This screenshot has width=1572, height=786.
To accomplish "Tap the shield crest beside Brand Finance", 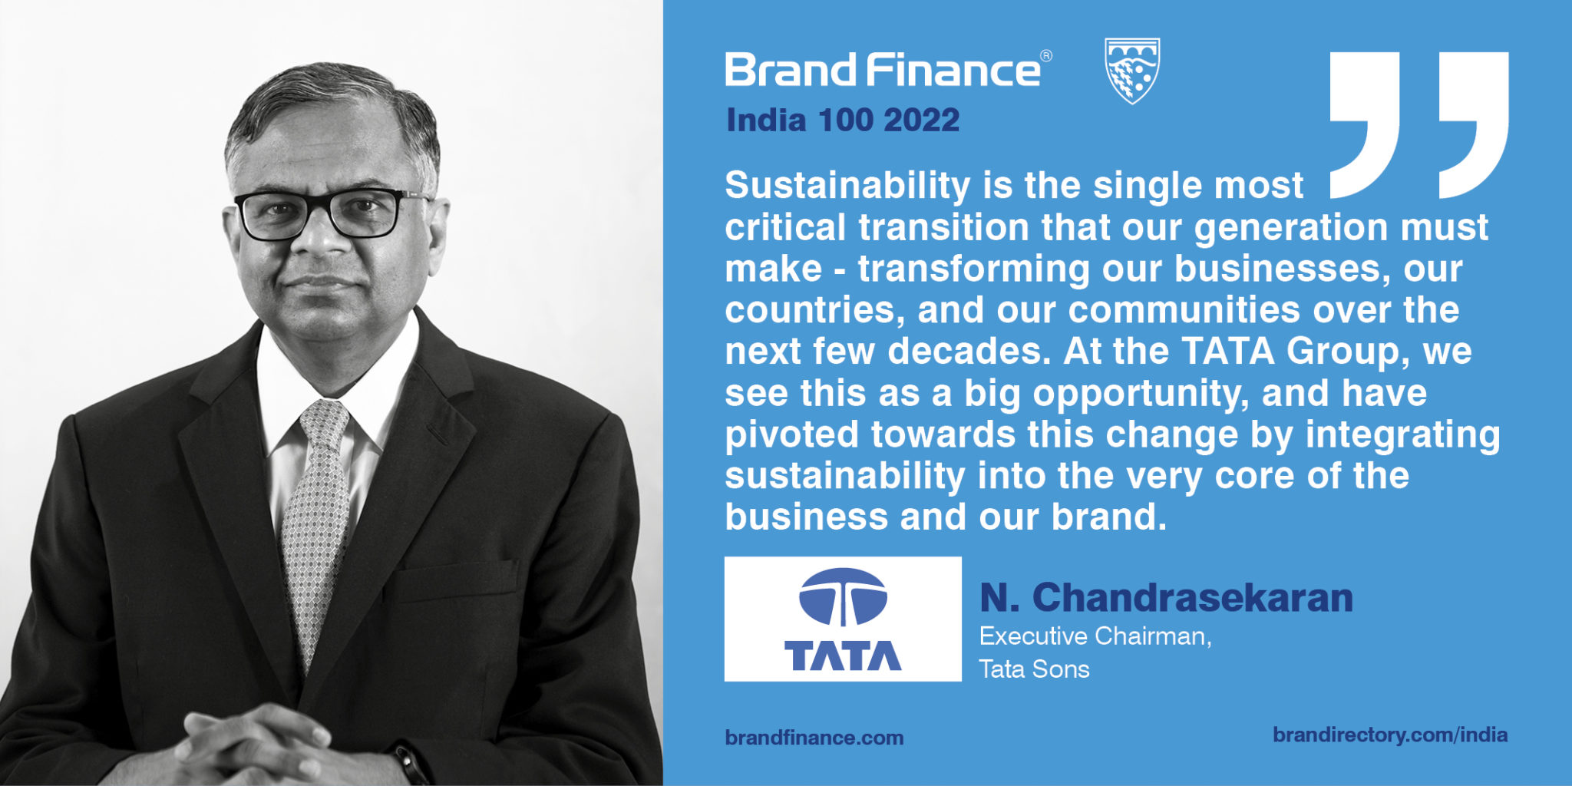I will [x=1132, y=70].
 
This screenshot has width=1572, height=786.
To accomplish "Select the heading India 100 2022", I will [x=843, y=121].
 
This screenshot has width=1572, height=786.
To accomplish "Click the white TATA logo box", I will [x=843, y=619].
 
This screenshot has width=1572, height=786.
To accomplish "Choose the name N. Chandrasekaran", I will [x=1166, y=598].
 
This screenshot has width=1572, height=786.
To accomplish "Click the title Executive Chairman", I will [x=1095, y=636].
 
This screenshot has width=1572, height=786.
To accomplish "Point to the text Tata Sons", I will [x=1034, y=669].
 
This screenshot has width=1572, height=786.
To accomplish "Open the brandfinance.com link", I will [x=814, y=738].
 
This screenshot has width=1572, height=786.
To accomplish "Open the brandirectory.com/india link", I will [x=1389, y=735].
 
